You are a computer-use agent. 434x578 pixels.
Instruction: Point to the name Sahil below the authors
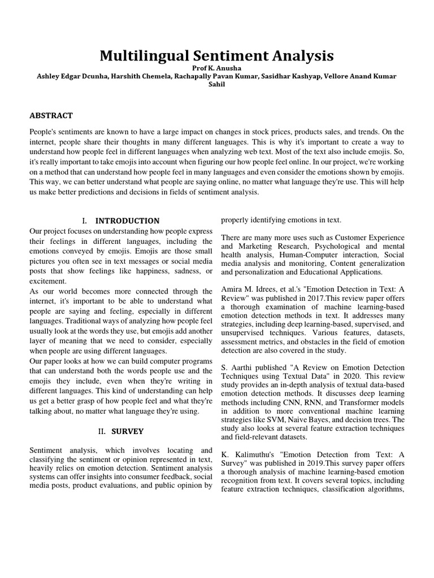217,84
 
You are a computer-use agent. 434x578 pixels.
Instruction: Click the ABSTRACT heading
51,116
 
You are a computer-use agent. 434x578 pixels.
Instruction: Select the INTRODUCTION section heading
127,221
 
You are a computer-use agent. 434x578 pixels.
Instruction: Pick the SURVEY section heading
127,431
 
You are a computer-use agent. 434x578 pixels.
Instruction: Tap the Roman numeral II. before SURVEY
102,431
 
